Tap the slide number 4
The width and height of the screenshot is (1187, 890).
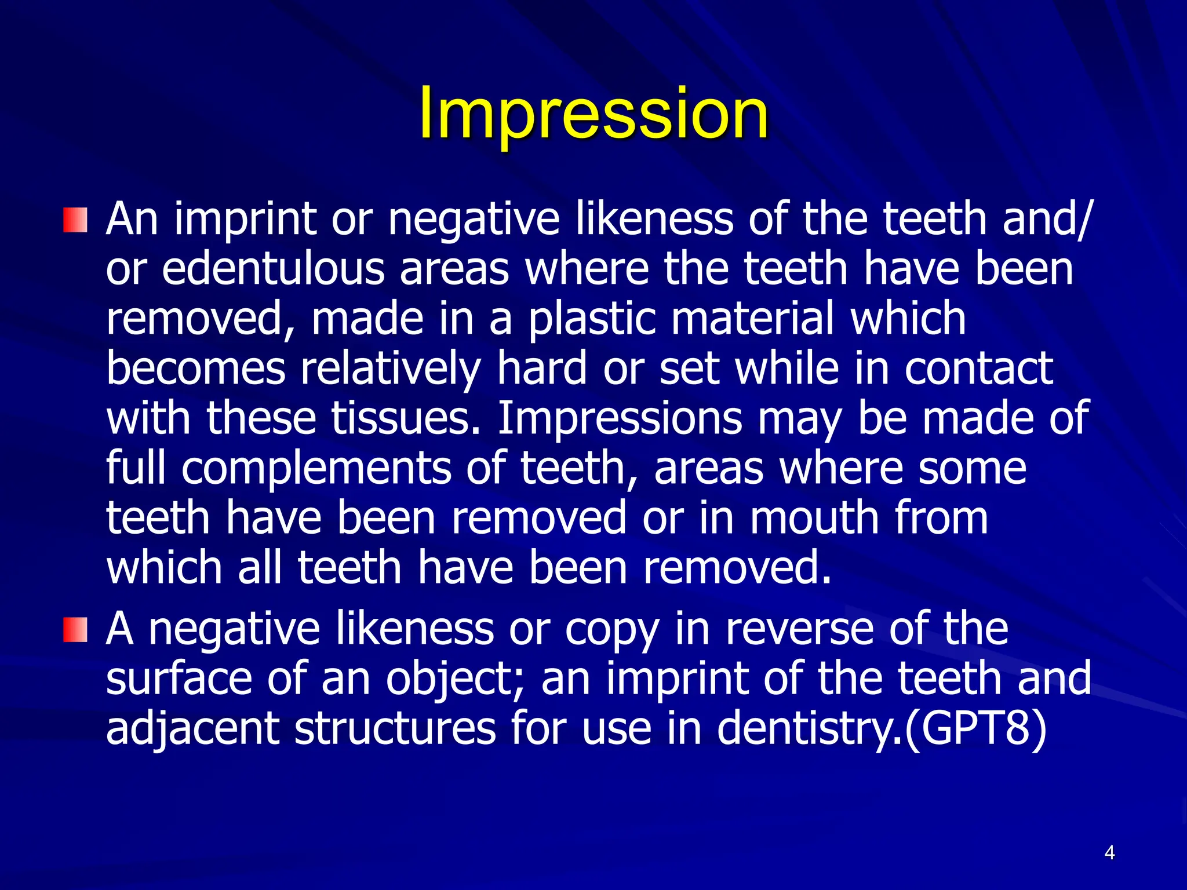pos(1109,853)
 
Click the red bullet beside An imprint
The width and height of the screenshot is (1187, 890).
pos(75,220)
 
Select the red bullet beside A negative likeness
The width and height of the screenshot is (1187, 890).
pos(75,630)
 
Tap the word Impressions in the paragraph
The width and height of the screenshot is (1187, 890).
pos(619,418)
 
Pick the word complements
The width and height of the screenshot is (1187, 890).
pos(316,468)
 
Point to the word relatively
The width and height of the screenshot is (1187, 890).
pos(391,369)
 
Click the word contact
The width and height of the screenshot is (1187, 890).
pos(978,369)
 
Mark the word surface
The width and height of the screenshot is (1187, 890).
pos(179,679)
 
